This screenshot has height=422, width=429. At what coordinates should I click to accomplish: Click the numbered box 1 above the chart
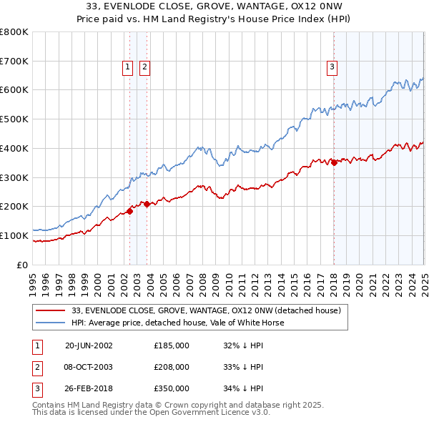click(127, 67)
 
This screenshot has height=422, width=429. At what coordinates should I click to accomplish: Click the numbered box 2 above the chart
click(144, 67)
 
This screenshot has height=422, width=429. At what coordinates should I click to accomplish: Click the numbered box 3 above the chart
click(332, 67)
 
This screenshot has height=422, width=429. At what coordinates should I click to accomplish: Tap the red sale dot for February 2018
click(334, 162)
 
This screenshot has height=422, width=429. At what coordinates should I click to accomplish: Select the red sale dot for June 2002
click(130, 210)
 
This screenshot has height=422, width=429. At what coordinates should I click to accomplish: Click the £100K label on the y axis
click(14, 235)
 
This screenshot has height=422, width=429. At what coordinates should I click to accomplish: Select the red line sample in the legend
click(51, 311)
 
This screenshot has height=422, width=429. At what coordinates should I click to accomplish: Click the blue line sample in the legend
click(51, 323)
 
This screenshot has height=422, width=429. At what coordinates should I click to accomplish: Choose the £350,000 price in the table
click(172, 389)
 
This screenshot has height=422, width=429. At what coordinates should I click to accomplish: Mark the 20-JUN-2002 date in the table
click(89, 345)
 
